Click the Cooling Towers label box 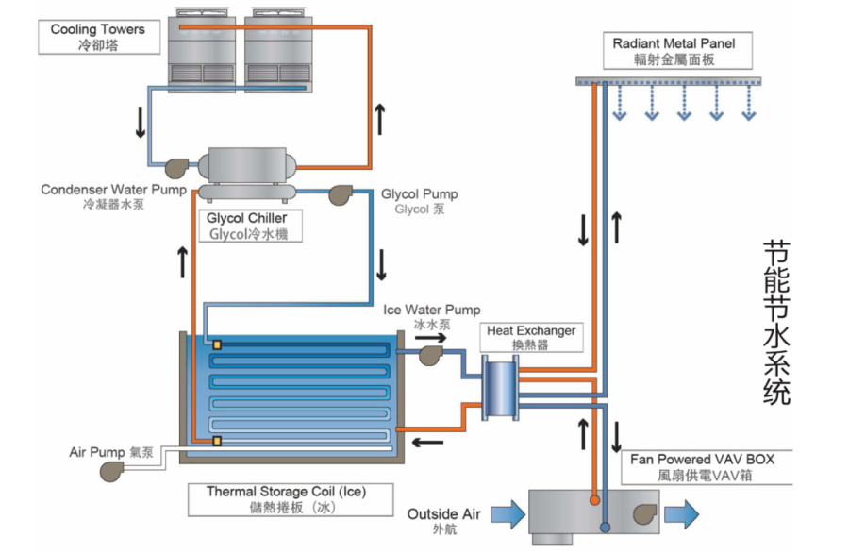[x=97, y=37]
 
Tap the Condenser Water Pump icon [x=177, y=167]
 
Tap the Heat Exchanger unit [x=500, y=387]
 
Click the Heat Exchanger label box [x=530, y=337]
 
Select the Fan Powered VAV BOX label [x=702, y=467]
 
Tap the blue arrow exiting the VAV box [x=682, y=514]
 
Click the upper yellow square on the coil [x=217, y=344]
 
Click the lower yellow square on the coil [x=217, y=441]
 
